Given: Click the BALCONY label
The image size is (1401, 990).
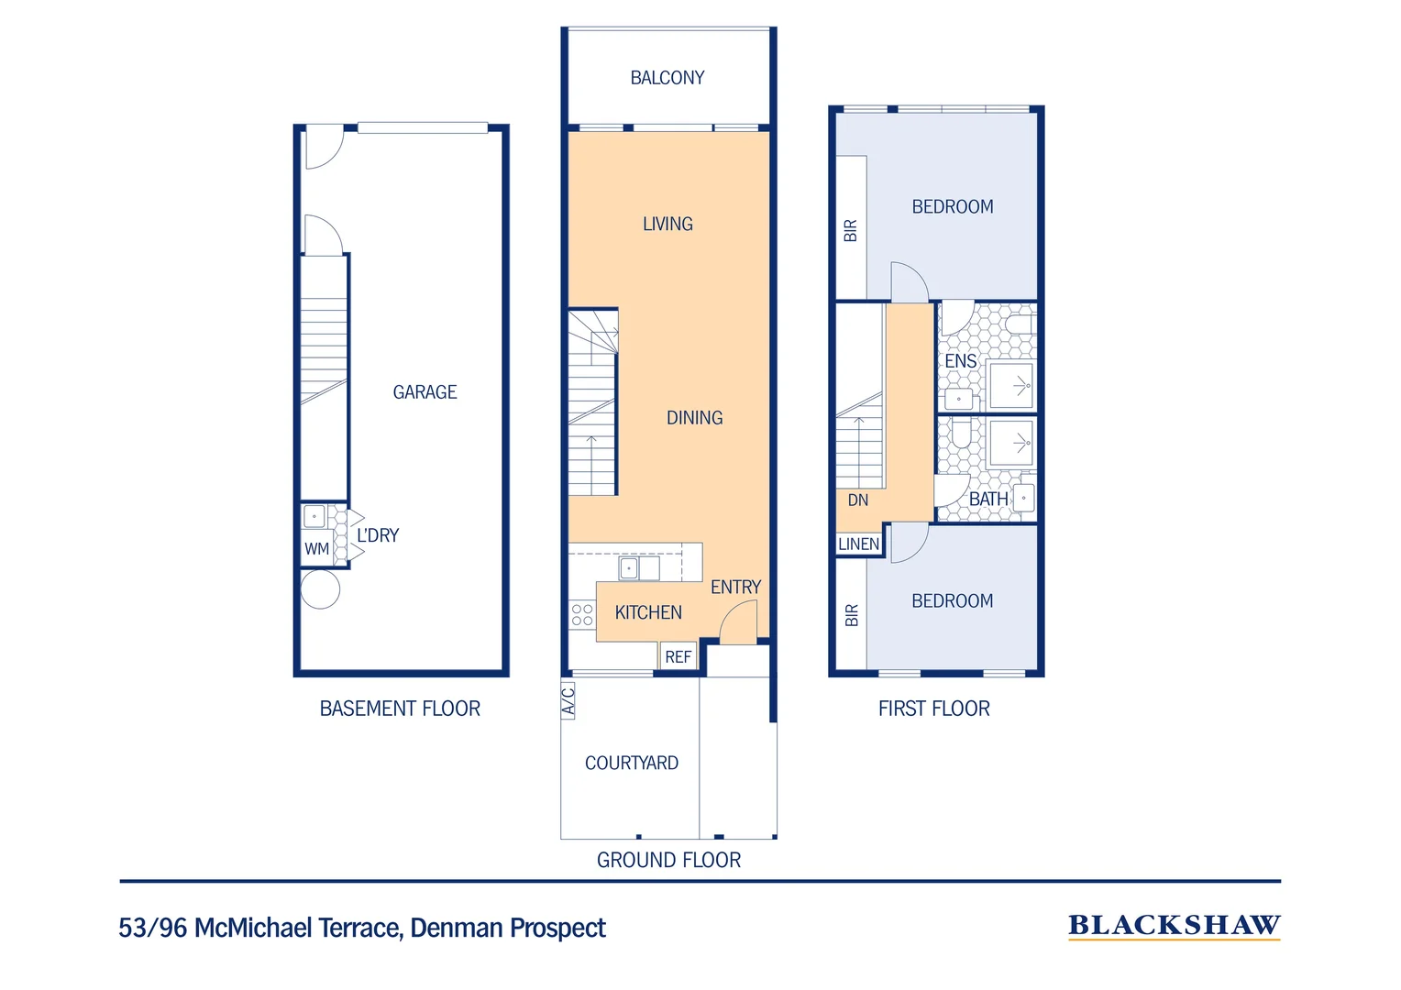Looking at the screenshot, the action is (667, 78).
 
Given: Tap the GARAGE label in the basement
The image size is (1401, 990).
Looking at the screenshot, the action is (425, 392).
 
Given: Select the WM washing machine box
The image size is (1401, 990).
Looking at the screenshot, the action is (316, 548).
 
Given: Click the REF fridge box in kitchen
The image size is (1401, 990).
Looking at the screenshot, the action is (678, 656).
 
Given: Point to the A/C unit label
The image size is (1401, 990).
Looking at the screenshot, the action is (568, 700).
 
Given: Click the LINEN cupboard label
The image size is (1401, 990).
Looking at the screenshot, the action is (859, 544).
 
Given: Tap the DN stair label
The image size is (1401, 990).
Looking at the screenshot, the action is (858, 500).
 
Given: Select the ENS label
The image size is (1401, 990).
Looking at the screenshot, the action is (961, 361).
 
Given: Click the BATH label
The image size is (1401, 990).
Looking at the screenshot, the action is (988, 499).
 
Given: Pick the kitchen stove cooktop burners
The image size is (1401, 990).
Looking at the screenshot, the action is (582, 614).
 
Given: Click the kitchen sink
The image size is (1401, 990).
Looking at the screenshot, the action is (639, 568).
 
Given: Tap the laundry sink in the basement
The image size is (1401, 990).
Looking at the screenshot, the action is (314, 517).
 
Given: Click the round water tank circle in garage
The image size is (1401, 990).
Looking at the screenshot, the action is (320, 589).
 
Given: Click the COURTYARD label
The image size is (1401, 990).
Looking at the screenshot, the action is (632, 763).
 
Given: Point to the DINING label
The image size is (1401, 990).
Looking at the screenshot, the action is (695, 418).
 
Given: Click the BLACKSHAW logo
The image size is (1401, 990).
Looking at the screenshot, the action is (1174, 926).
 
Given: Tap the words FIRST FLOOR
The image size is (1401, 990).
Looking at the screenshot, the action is (933, 709).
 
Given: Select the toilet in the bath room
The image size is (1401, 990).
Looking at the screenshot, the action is (961, 432).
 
